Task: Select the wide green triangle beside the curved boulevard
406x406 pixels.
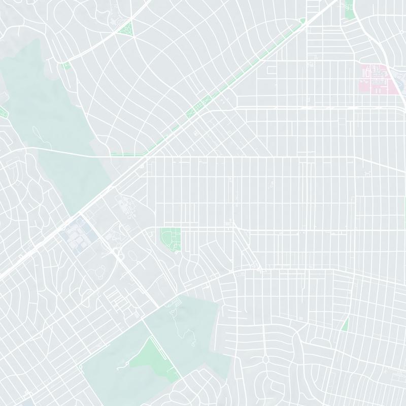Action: coord(125,28)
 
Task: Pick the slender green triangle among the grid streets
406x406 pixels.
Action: coord(345,324)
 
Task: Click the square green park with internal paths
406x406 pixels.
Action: coord(171,238)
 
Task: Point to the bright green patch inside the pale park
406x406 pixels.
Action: coord(149,357)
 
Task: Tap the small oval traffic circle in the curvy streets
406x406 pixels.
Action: coord(265,359)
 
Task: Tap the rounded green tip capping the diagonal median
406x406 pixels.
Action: coord(302,21)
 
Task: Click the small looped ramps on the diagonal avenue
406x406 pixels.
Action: coord(120,254)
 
